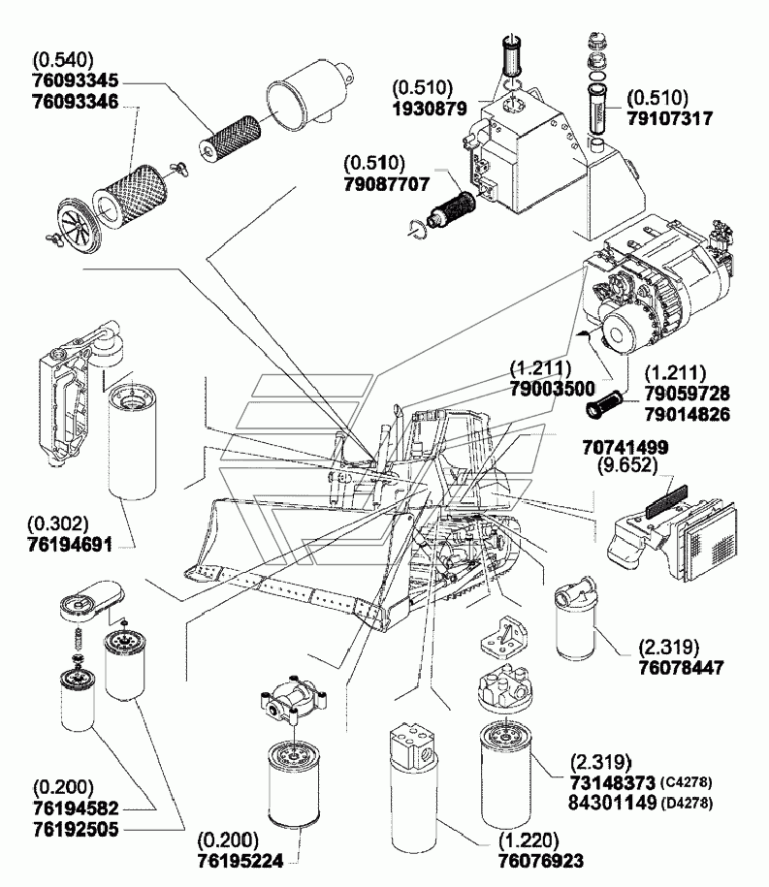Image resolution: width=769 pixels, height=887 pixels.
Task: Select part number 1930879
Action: [x=431, y=108]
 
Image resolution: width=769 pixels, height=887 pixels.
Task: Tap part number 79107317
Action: [x=669, y=119]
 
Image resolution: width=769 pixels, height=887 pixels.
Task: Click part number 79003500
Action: [x=554, y=389]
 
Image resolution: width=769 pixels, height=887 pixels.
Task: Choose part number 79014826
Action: [x=686, y=414]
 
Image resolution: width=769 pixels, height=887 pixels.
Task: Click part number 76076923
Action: [x=542, y=858]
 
